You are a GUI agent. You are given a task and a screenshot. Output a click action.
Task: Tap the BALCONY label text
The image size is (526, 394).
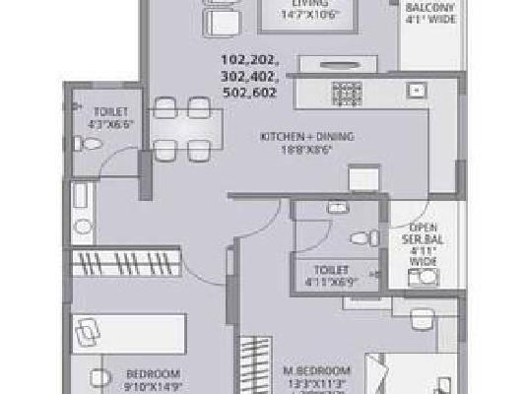(x=430, y=5)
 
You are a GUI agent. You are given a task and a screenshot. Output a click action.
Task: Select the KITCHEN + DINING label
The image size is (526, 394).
(x=306, y=137)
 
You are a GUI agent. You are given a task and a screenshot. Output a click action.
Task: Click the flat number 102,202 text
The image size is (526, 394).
(x=250, y=60)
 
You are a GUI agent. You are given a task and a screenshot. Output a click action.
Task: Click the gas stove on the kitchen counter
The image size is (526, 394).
(x=347, y=93)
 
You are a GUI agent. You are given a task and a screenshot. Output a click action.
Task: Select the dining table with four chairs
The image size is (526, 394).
(x=180, y=128)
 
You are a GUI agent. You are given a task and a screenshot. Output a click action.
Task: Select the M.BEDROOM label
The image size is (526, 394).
(x=311, y=370)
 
